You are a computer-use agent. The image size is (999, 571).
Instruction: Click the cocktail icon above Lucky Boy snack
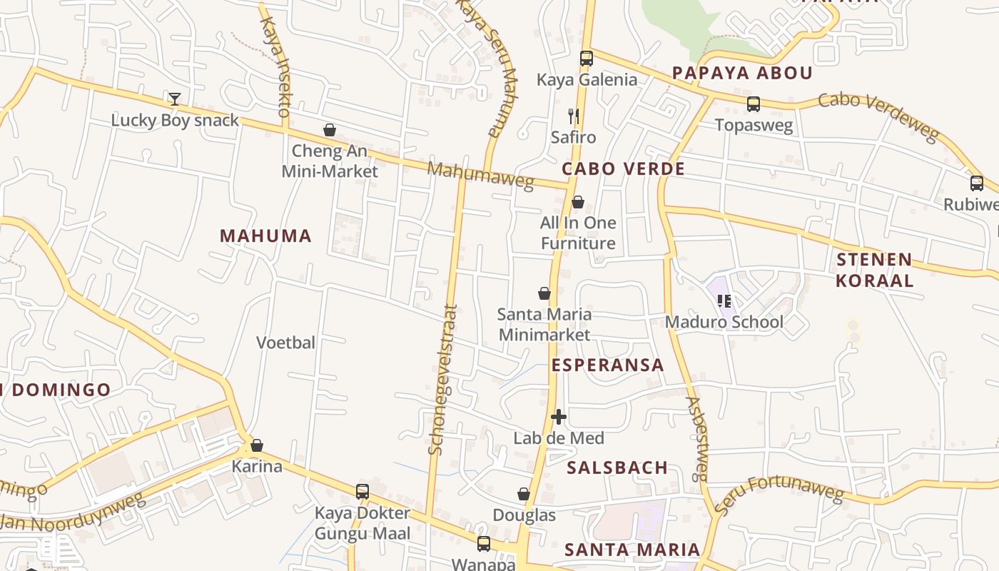[x=175, y=98]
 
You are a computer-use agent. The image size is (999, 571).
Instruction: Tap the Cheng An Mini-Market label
[x=330, y=161]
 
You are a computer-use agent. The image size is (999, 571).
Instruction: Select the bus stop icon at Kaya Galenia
[x=587, y=59]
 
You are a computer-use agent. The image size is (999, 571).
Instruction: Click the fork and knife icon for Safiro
[x=573, y=116]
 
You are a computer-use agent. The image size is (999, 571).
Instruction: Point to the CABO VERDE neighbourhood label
[x=623, y=169]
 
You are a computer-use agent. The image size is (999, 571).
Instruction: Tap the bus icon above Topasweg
[x=754, y=104]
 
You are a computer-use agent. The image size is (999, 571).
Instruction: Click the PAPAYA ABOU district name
[x=742, y=73]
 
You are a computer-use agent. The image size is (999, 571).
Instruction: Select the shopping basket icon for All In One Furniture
[x=578, y=202]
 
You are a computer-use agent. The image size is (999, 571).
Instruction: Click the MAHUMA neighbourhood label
[x=265, y=236]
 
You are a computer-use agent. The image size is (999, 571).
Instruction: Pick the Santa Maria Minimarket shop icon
[x=544, y=293]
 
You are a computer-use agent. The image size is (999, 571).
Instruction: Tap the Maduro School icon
[x=724, y=300]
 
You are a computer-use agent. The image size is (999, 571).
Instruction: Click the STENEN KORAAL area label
[x=874, y=270]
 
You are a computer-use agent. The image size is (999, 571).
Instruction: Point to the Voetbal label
[x=285, y=343]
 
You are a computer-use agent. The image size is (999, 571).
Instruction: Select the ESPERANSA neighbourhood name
[x=607, y=365]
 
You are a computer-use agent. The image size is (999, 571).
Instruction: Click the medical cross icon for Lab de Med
[x=559, y=417]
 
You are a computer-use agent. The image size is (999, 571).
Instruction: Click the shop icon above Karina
[x=257, y=445]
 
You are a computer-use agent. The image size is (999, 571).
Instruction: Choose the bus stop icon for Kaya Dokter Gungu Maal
[x=362, y=492]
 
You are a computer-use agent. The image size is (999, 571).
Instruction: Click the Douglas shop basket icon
[x=524, y=494]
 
